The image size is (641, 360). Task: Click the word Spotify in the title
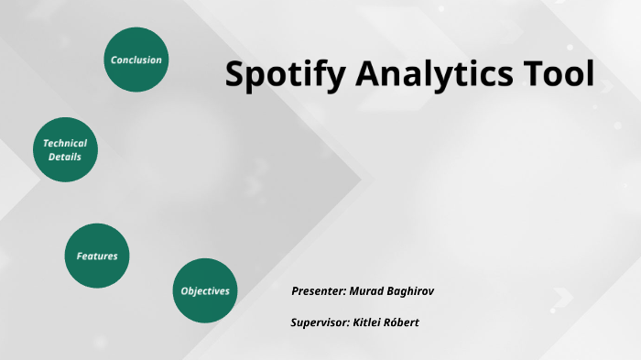pos(279,75)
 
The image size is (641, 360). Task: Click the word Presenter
pos(319,291)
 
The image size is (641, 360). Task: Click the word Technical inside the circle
pos(65,144)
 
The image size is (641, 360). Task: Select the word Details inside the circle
pos(65,158)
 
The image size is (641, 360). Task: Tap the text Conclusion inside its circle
pos(136,60)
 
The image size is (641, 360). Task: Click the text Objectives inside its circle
pos(205,291)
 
